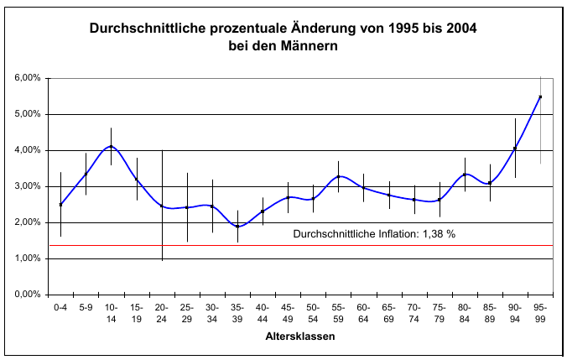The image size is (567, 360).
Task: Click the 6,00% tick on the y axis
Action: tap(28, 78)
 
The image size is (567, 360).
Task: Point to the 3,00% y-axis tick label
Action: tap(28, 186)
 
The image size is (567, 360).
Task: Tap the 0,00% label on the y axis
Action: tap(28, 295)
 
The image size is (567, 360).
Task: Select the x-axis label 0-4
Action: tap(60, 308)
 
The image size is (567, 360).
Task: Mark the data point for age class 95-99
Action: tap(540, 97)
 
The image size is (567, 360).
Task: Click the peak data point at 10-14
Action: tap(111, 147)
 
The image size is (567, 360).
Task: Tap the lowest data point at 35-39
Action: tap(237, 227)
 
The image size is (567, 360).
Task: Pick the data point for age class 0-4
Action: tap(60, 204)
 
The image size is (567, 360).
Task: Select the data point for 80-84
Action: tap(465, 175)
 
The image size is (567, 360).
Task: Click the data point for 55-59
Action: tap(338, 176)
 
